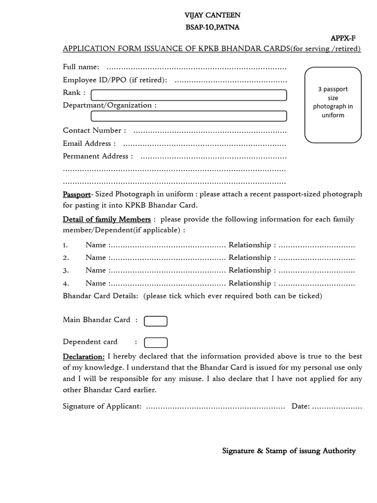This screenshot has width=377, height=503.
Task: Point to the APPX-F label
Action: (343, 38)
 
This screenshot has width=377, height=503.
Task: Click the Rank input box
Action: (189, 95)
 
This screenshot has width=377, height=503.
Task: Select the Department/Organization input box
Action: (189, 116)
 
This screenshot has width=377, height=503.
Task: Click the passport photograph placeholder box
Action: (333, 105)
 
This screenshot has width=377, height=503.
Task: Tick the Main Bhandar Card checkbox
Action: (156, 321)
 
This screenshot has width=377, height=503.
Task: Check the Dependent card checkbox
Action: (156, 343)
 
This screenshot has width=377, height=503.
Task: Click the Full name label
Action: (81, 67)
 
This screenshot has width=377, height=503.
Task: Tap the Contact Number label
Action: (94, 130)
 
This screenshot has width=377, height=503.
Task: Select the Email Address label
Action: (89, 143)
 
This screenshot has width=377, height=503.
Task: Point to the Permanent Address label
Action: (98, 156)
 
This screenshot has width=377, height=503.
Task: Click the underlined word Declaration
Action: (83, 357)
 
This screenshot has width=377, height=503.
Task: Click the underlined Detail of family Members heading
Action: (107, 219)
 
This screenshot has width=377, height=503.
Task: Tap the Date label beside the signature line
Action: (300, 406)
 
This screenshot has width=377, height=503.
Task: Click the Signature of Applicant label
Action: (102, 406)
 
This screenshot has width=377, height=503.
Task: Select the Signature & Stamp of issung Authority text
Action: (289, 451)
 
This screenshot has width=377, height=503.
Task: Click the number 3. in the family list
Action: (66, 270)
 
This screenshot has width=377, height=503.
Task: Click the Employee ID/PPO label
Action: (114, 80)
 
